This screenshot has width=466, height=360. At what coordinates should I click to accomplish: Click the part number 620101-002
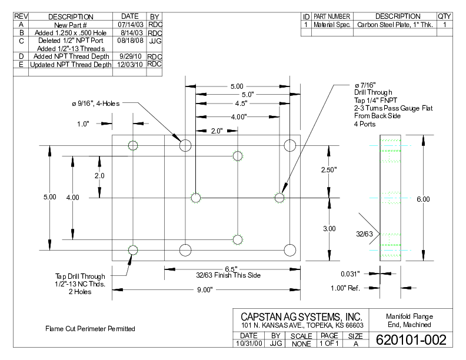(x=411, y=340)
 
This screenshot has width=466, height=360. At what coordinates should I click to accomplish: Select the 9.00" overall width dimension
(x=206, y=289)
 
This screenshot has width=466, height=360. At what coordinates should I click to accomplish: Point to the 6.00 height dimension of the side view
(x=423, y=199)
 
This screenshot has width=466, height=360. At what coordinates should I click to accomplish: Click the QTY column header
(x=445, y=16)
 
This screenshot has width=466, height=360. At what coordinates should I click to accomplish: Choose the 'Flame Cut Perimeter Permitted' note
(x=90, y=328)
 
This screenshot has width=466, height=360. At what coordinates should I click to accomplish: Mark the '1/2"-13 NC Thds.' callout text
(x=80, y=284)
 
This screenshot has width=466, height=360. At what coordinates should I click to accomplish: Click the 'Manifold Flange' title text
(x=409, y=316)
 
